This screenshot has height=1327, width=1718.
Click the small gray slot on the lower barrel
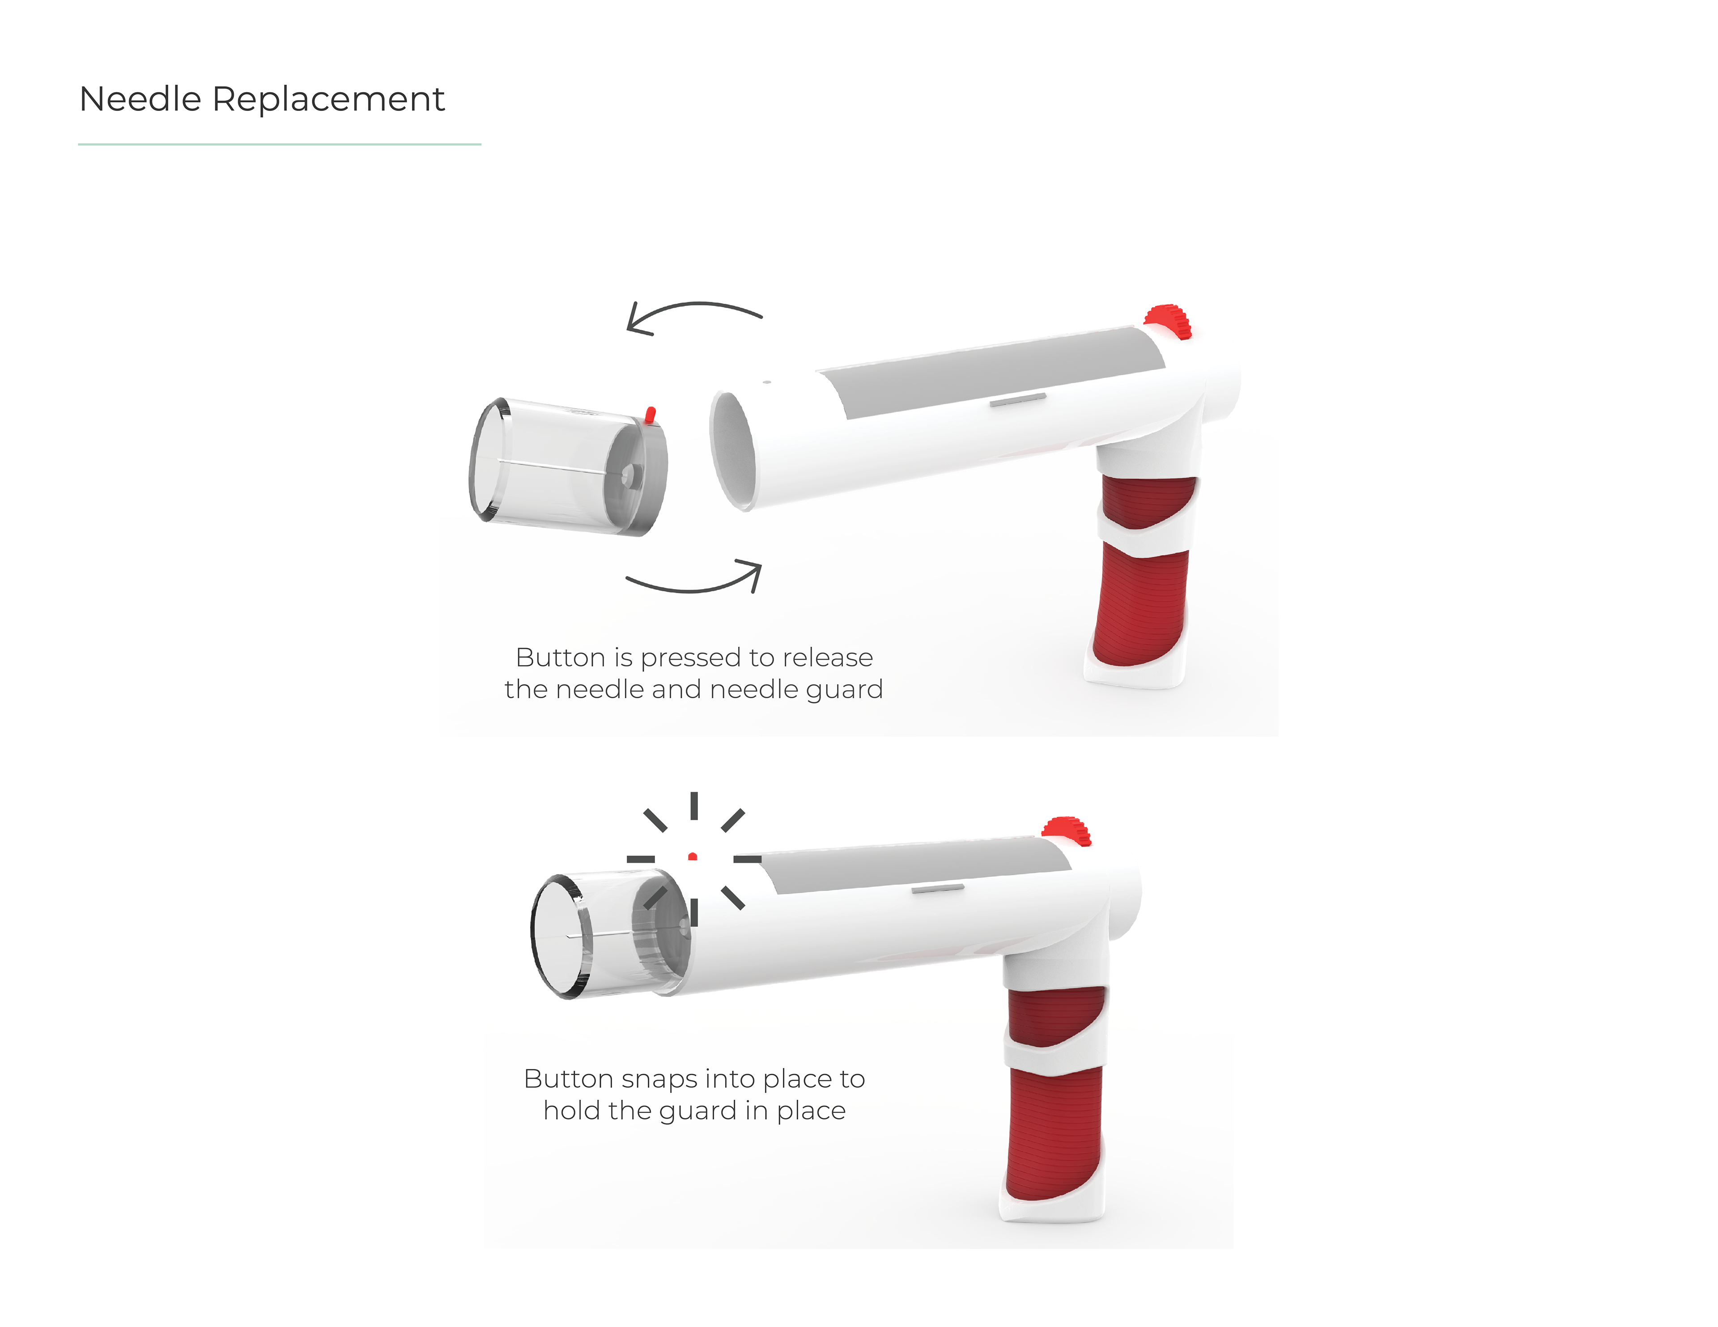tap(938, 889)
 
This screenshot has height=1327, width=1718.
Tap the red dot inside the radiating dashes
tap(692, 856)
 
